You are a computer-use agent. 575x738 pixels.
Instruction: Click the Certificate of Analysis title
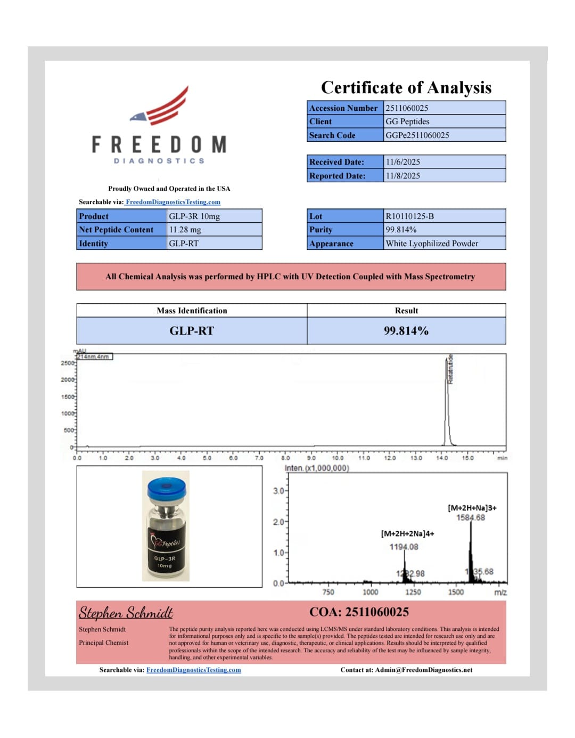(406, 87)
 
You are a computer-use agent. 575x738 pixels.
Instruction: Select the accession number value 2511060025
(407, 108)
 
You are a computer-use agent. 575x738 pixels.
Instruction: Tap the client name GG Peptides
(407, 121)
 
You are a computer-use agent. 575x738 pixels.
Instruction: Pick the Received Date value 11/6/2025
(402, 162)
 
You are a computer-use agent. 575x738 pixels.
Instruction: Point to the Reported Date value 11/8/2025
(402, 176)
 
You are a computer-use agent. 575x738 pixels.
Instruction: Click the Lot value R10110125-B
(409, 216)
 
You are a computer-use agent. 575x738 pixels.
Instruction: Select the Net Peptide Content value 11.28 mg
(185, 230)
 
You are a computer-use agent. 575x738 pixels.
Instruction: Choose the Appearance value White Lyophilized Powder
(432, 244)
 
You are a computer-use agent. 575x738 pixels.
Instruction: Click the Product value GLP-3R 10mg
(194, 216)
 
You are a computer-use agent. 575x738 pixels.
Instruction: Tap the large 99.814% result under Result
(406, 331)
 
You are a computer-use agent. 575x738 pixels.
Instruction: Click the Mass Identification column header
(192, 311)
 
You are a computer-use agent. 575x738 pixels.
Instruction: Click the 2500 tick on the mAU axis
(68, 363)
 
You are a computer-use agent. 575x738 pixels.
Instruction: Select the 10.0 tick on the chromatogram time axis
(338, 458)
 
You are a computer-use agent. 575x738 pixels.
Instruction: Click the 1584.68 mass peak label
(471, 517)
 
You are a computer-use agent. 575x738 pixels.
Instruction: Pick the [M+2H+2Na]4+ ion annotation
(407, 533)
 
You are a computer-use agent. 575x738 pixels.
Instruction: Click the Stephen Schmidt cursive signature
(126, 613)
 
